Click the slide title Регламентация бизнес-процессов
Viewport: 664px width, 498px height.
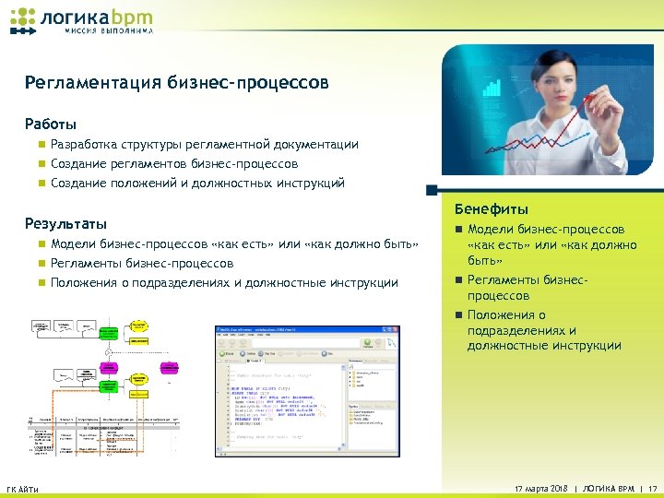coord(176,84)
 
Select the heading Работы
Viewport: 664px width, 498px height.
coord(51,124)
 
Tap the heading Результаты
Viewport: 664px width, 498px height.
coord(65,224)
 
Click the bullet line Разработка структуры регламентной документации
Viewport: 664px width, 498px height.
coord(205,145)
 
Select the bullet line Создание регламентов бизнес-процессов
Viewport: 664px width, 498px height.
coord(174,164)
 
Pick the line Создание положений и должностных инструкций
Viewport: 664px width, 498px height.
coord(197,184)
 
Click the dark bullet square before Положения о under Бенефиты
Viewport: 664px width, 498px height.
coord(457,315)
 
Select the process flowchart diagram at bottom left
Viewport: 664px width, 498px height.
coord(106,387)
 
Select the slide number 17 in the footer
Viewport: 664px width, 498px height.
coord(652,488)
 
